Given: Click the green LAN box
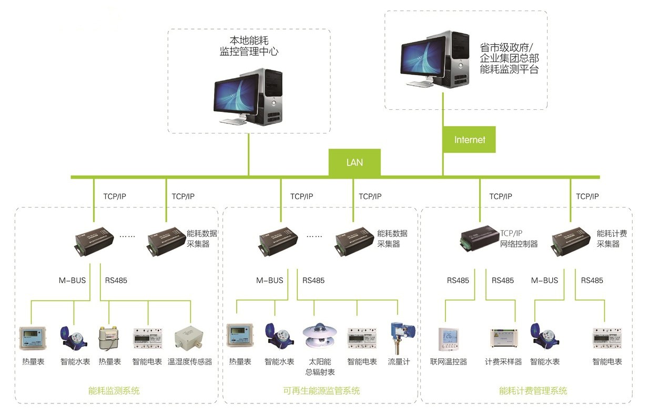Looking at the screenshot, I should pos(354,162).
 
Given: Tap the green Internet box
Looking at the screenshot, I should pos(469,140).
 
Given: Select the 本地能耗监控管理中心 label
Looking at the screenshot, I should pos(248,46).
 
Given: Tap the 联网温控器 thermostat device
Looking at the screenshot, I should pos(448,339).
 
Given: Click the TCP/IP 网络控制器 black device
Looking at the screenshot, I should pos(479,237).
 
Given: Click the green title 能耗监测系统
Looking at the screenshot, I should pos(114,391).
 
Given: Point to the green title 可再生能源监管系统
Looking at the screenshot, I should pos(321,391).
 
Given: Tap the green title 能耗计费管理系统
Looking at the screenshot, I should pos(533,391).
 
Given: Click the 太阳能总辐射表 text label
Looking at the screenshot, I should pos(319,367).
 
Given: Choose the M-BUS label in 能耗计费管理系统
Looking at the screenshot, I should pos(544,281).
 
